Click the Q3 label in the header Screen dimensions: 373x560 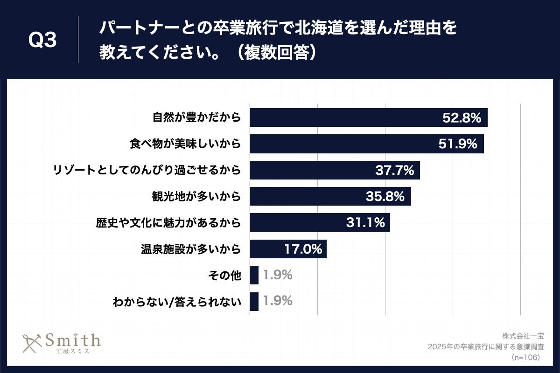[x=42, y=41]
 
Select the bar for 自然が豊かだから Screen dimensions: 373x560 [x=345, y=117]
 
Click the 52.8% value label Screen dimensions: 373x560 [x=462, y=118]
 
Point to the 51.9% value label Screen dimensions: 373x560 [x=458, y=144]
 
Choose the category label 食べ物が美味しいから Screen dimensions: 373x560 [x=185, y=144]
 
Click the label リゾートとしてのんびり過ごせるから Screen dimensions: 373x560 [x=147, y=170]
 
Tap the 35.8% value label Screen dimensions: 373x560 [x=385, y=197]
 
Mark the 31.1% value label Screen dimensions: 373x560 [x=365, y=223]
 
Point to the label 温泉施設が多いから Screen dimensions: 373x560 [x=191, y=249]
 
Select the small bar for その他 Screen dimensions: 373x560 [x=254, y=275]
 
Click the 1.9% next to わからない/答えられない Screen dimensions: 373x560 [x=278, y=301]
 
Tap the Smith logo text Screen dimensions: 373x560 [x=72, y=340]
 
